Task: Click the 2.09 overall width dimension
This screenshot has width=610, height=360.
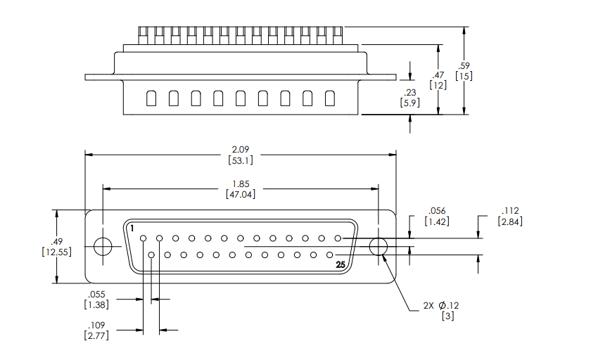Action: pos(240,150)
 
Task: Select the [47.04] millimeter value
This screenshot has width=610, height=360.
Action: pos(240,195)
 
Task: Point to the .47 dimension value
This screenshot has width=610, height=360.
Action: pos(438,75)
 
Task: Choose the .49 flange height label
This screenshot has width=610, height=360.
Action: pos(55,241)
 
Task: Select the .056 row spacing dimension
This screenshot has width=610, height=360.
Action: pos(437,211)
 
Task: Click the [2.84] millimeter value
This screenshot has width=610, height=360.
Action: pos(510,222)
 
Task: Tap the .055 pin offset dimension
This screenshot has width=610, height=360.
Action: pos(96,295)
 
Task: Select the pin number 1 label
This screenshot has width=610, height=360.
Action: pos(132,229)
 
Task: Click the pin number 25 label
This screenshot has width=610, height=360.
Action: pos(341,265)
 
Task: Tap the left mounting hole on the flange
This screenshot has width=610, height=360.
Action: pos(103,247)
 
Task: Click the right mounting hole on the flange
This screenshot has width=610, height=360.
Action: pos(379,247)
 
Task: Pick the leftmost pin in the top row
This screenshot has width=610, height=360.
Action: pos(144,238)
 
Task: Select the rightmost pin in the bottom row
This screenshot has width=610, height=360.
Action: pos(329,255)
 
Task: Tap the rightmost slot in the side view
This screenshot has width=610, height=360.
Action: pos(329,98)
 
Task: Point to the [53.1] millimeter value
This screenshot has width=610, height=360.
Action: pos(240,160)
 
